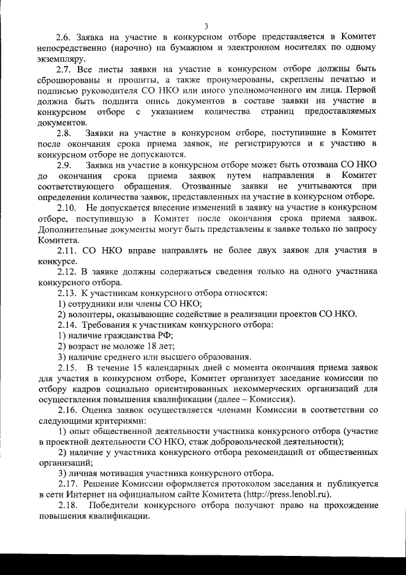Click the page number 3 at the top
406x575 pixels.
click(x=207, y=25)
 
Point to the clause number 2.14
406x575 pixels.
click(x=68, y=325)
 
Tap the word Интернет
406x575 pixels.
click(x=90, y=494)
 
